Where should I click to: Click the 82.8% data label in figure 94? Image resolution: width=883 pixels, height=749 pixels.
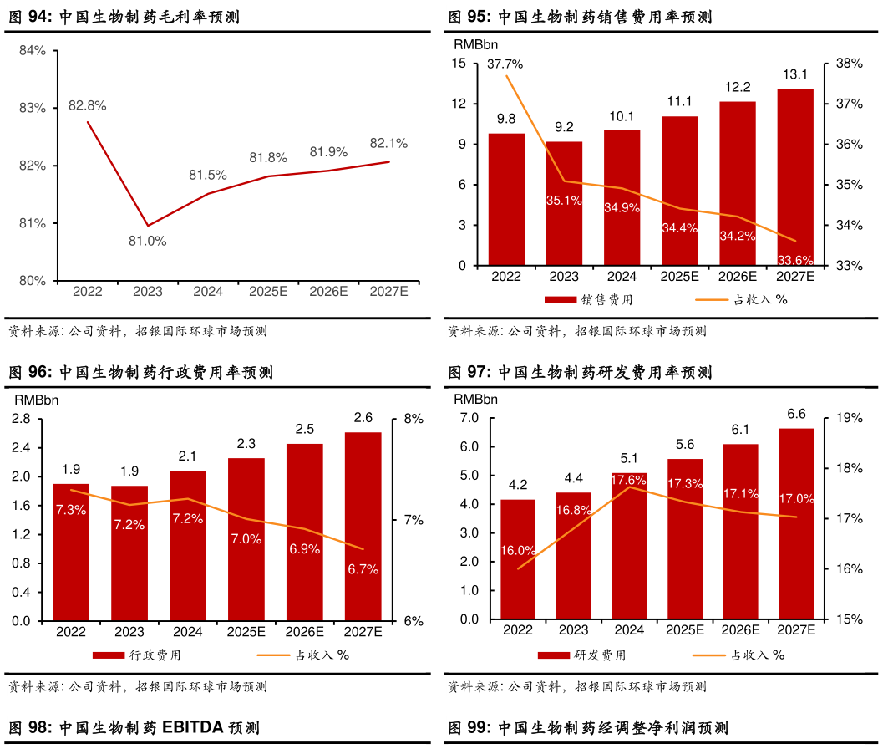click(x=88, y=106)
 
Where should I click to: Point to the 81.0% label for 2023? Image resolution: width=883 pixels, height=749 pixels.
click(x=147, y=241)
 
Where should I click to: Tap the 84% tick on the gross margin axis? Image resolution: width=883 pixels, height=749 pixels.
click(x=33, y=51)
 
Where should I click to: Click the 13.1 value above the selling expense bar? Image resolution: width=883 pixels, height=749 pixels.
click(x=794, y=75)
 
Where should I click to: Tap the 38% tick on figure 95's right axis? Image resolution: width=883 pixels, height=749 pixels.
click(x=837, y=64)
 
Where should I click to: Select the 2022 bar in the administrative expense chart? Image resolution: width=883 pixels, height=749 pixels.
click(x=71, y=552)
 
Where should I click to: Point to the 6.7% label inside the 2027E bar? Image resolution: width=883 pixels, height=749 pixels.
click(x=363, y=569)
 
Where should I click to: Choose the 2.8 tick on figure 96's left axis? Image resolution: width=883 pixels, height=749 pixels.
click(x=22, y=419)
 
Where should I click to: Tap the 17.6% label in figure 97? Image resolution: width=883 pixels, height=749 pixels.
click(x=628, y=480)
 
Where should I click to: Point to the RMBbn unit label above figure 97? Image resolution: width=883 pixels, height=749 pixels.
click(x=475, y=399)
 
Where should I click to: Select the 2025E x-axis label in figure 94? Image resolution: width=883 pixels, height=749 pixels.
click(x=268, y=292)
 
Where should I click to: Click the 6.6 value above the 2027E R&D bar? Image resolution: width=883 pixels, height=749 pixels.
click(x=796, y=414)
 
